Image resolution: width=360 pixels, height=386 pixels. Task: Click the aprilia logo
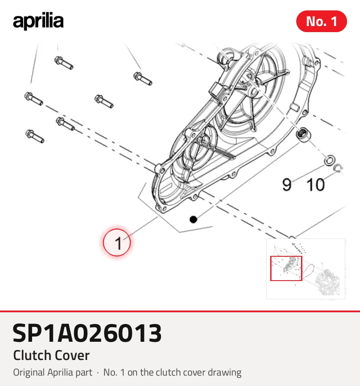click(38, 21)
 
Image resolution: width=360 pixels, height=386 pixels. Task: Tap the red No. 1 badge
click(321, 21)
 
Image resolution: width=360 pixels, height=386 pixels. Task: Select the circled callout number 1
click(117, 242)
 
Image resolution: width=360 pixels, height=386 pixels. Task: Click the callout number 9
click(287, 185)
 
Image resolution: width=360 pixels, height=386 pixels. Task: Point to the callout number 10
click(316, 185)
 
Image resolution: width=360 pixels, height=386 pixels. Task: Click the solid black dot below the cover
click(193, 219)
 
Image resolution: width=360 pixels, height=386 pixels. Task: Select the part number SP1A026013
click(87, 333)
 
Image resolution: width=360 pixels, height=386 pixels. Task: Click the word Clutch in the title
click(33, 355)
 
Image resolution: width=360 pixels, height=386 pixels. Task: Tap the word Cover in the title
click(72, 355)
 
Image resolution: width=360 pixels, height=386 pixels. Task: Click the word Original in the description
click(29, 373)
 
